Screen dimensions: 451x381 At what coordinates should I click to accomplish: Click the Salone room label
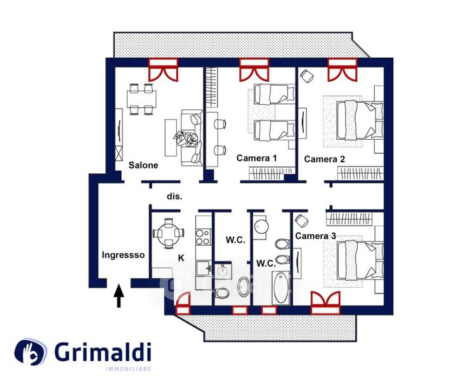pyautogui.click(x=143, y=165)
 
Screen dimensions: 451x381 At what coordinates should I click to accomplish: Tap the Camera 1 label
pyautogui.click(x=257, y=158)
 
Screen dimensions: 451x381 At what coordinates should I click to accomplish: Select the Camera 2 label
pyautogui.click(x=324, y=159)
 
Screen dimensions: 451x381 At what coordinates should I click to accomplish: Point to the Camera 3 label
pyautogui.click(x=316, y=236)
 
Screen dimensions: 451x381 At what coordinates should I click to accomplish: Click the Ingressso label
pyautogui.click(x=124, y=255)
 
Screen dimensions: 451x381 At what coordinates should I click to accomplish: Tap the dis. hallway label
pyautogui.click(x=174, y=197)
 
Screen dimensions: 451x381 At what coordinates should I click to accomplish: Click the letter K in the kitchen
pyautogui.click(x=181, y=258)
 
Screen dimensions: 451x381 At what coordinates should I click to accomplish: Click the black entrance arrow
pyautogui.click(x=119, y=297)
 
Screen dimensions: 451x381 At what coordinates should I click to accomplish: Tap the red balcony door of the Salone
pyautogui.click(x=163, y=69)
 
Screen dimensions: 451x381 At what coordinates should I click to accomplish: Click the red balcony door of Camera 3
pyautogui.click(x=326, y=303)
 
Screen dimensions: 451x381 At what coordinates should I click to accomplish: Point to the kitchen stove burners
pyautogui.click(x=203, y=237)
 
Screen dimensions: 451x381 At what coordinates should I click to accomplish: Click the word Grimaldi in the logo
pyautogui.click(x=102, y=352)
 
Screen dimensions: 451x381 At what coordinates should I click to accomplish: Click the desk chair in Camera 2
pyautogui.click(x=307, y=76)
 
